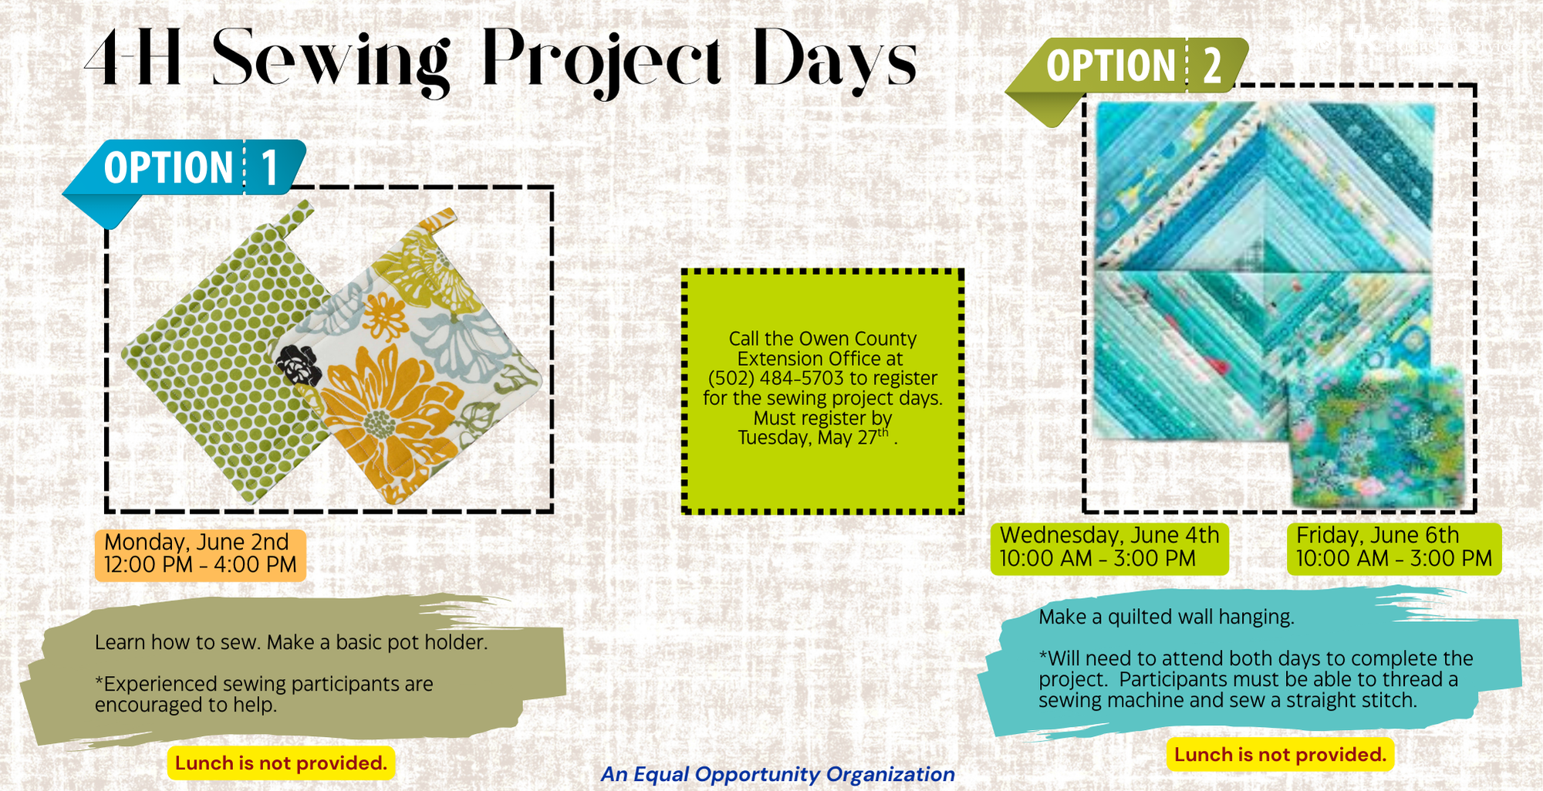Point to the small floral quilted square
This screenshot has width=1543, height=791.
tap(1376, 436)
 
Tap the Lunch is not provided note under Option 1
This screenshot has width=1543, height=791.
tap(281, 763)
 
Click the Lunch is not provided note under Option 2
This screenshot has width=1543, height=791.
tap(1281, 754)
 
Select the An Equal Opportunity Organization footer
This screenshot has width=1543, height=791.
tap(778, 774)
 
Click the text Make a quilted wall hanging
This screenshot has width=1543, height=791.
tap(1167, 617)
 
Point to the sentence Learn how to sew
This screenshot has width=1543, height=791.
tap(178, 642)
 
